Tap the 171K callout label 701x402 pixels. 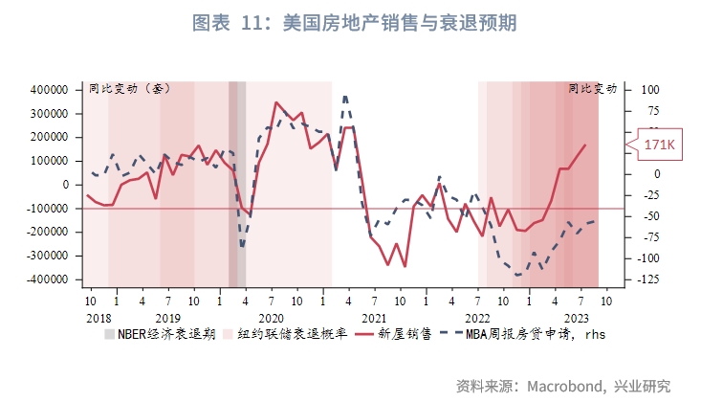659,145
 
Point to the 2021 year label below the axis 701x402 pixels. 374,317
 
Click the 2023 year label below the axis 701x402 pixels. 577,317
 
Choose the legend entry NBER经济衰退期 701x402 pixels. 159,335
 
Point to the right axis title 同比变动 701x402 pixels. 592,89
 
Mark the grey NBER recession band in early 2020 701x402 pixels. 236,182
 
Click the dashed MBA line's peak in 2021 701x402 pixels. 344,96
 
